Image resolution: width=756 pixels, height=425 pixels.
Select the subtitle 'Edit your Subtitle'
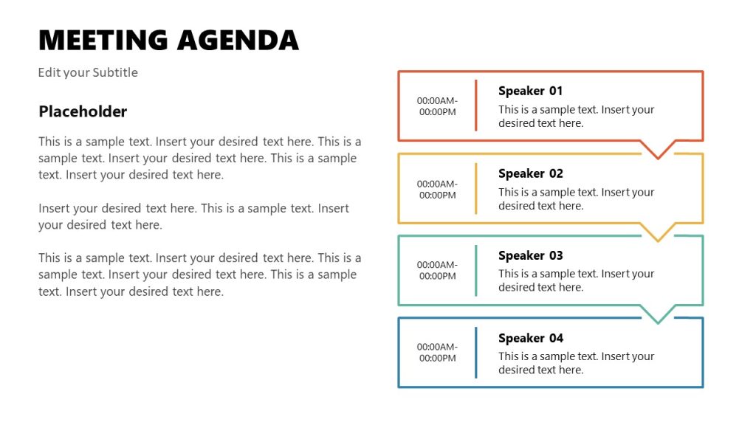[x=88, y=72]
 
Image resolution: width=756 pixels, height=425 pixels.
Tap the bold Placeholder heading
[x=83, y=111]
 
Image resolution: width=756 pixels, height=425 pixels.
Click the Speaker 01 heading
[x=530, y=91]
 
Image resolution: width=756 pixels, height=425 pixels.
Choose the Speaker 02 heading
[x=530, y=173]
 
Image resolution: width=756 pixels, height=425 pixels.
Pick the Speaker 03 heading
[x=530, y=255]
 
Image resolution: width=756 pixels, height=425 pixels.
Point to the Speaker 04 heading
[x=530, y=338]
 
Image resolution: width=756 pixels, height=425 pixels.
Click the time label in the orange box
[x=437, y=106]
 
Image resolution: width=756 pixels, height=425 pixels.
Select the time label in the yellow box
[x=437, y=190]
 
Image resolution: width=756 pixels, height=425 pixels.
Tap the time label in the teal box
[x=437, y=270]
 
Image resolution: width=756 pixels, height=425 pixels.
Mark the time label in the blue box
[x=437, y=352]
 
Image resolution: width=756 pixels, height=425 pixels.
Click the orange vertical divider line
[x=476, y=106]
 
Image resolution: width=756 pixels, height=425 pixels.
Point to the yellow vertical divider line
[x=476, y=188]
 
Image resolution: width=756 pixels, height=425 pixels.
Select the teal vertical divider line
[x=476, y=270]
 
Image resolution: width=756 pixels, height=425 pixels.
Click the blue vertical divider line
[x=476, y=352]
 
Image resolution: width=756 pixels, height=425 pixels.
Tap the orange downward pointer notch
[x=657, y=151]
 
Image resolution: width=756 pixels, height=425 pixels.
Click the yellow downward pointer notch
[x=657, y=234]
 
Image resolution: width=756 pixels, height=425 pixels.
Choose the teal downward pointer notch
[x=657, y=316]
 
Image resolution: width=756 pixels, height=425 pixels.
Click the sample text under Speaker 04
[x=576, y=363]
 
